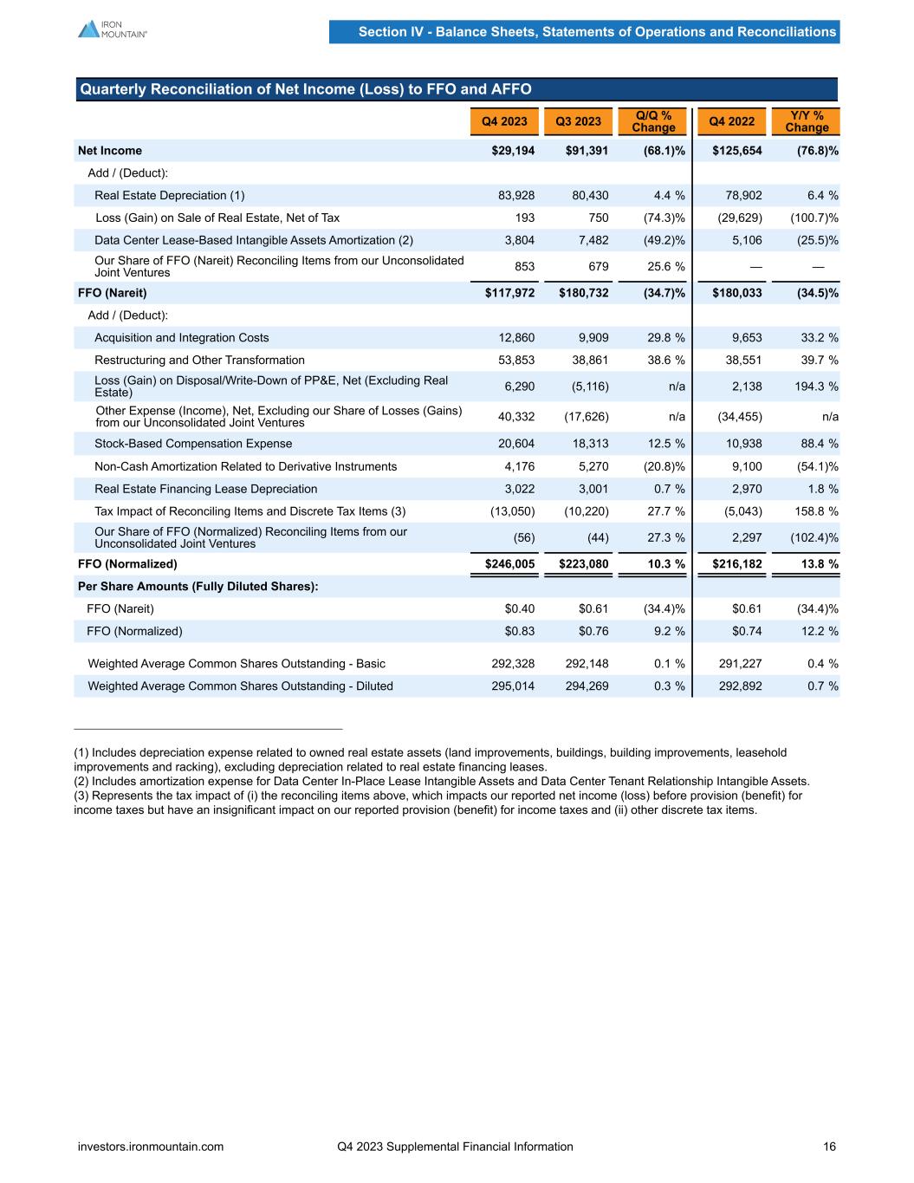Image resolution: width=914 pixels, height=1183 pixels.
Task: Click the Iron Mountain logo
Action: (x=112, y=29)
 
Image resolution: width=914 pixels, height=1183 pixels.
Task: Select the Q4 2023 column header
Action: (x=504, y=121)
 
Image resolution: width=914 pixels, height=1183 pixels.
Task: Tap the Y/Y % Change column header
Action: (x=807, y=121)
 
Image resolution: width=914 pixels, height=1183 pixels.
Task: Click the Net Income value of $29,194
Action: (x=513, y=151)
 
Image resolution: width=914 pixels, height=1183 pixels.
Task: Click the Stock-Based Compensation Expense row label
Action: (x=193, y=444)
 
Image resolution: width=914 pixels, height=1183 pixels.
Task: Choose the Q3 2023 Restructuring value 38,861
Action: (x=587, y=361)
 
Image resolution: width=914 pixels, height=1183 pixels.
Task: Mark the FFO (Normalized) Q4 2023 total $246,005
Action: (x=509, y=564)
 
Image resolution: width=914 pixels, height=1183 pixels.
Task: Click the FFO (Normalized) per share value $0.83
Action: (x=520, y=632)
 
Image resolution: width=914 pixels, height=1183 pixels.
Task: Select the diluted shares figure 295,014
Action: (x=513, y=686)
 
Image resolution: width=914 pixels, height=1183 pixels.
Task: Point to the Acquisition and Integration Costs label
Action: (x=182, y=338)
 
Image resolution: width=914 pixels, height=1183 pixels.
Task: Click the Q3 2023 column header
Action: (x=578, y=121)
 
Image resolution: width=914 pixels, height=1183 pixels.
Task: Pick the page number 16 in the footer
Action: (x=830, y=1147)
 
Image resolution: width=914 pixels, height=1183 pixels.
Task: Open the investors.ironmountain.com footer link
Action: (x=151, y=1147)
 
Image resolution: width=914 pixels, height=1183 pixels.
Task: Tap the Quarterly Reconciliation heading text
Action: (x=306, y=89)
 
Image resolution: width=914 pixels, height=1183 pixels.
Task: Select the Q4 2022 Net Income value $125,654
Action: (x=737, y=151)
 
